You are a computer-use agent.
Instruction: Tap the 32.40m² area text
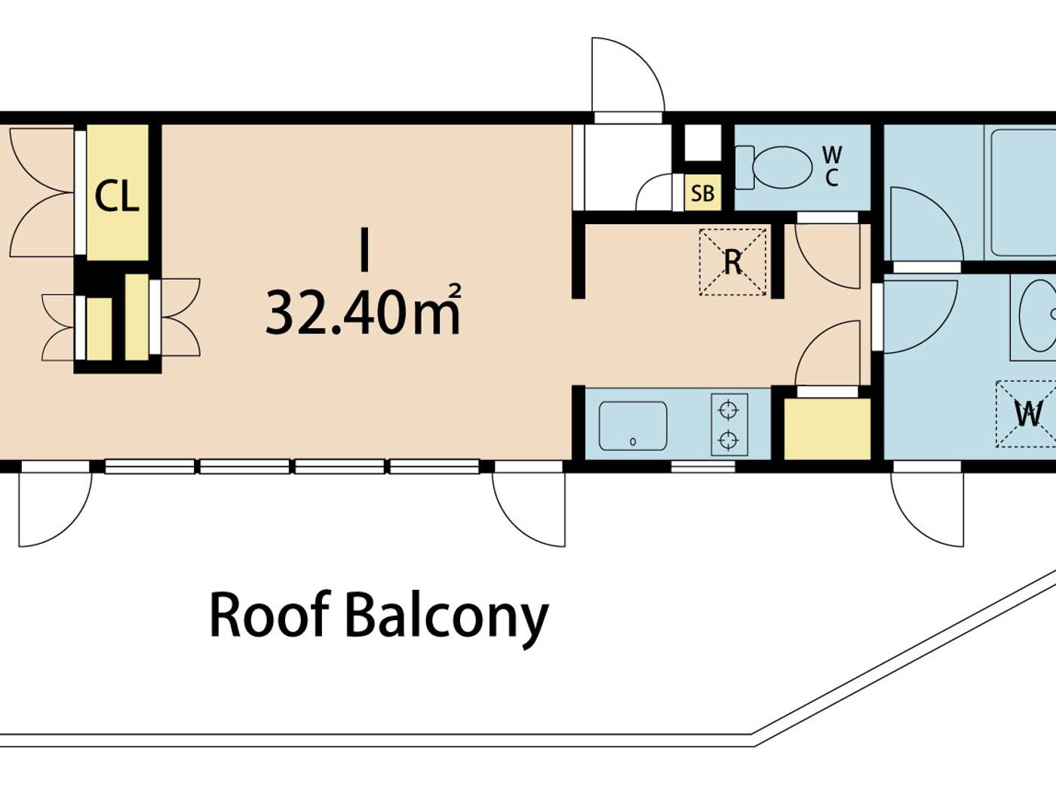(363, 312)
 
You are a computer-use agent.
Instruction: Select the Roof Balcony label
(378, 616)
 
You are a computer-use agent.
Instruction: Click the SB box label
(702, 193)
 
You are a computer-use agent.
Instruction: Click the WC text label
(832, 166)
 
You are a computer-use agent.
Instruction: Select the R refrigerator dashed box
(732, 262)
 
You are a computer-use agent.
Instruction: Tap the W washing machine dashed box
(1027, 413)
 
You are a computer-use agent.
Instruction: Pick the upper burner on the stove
(728, 410)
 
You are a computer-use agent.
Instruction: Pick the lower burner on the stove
(728, 440)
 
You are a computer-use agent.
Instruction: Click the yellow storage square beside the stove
(827, 428)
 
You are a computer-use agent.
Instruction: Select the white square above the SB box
(702, 143)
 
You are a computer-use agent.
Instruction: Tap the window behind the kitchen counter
(703, 467)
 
